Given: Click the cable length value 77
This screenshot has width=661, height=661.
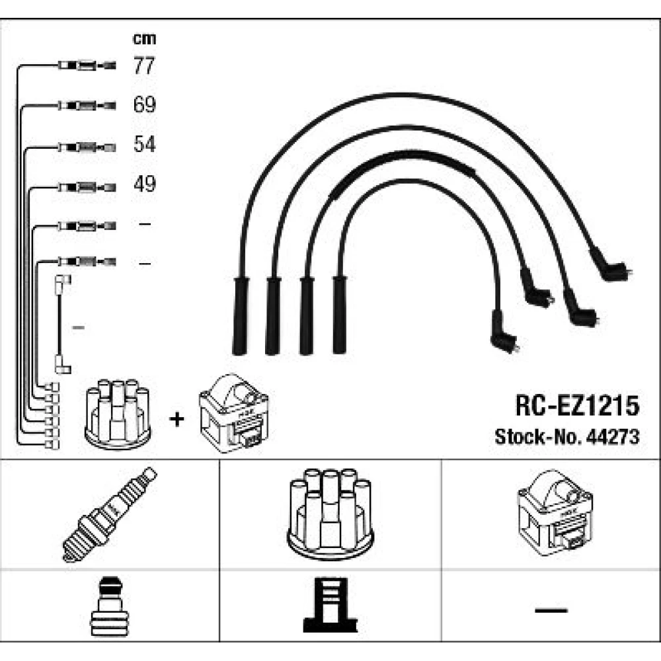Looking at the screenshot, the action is pos(144,65).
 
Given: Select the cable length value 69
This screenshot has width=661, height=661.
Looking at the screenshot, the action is pos(144,104).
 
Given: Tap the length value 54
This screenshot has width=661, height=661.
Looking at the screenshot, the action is pos(145,144).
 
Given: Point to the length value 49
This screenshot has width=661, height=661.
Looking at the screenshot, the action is pos(145,184).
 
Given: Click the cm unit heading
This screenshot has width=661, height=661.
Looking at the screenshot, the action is pos(144,39).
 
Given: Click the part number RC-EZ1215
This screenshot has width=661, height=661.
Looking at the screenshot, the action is pos(577,406).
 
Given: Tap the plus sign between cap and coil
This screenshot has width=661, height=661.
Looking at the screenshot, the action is pos(176,419).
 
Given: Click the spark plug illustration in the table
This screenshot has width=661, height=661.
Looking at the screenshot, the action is pos(109,514).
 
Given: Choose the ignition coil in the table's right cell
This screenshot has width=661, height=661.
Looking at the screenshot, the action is pos(555,513).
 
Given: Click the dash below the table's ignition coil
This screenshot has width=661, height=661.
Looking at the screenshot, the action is pos(551,610).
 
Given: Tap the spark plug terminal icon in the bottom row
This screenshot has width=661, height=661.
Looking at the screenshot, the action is pos(109,606).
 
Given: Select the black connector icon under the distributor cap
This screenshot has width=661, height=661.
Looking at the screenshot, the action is pos(330,605).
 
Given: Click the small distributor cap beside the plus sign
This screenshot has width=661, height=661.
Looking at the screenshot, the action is pos(118,414).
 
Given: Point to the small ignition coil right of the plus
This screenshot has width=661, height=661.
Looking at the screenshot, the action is pos(233,413).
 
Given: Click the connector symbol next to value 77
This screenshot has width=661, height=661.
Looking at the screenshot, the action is pos(87,65).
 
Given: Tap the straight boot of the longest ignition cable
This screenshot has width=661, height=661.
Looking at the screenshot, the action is pos(241,315).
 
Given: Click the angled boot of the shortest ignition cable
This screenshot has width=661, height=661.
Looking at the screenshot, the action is pos(504,333).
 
